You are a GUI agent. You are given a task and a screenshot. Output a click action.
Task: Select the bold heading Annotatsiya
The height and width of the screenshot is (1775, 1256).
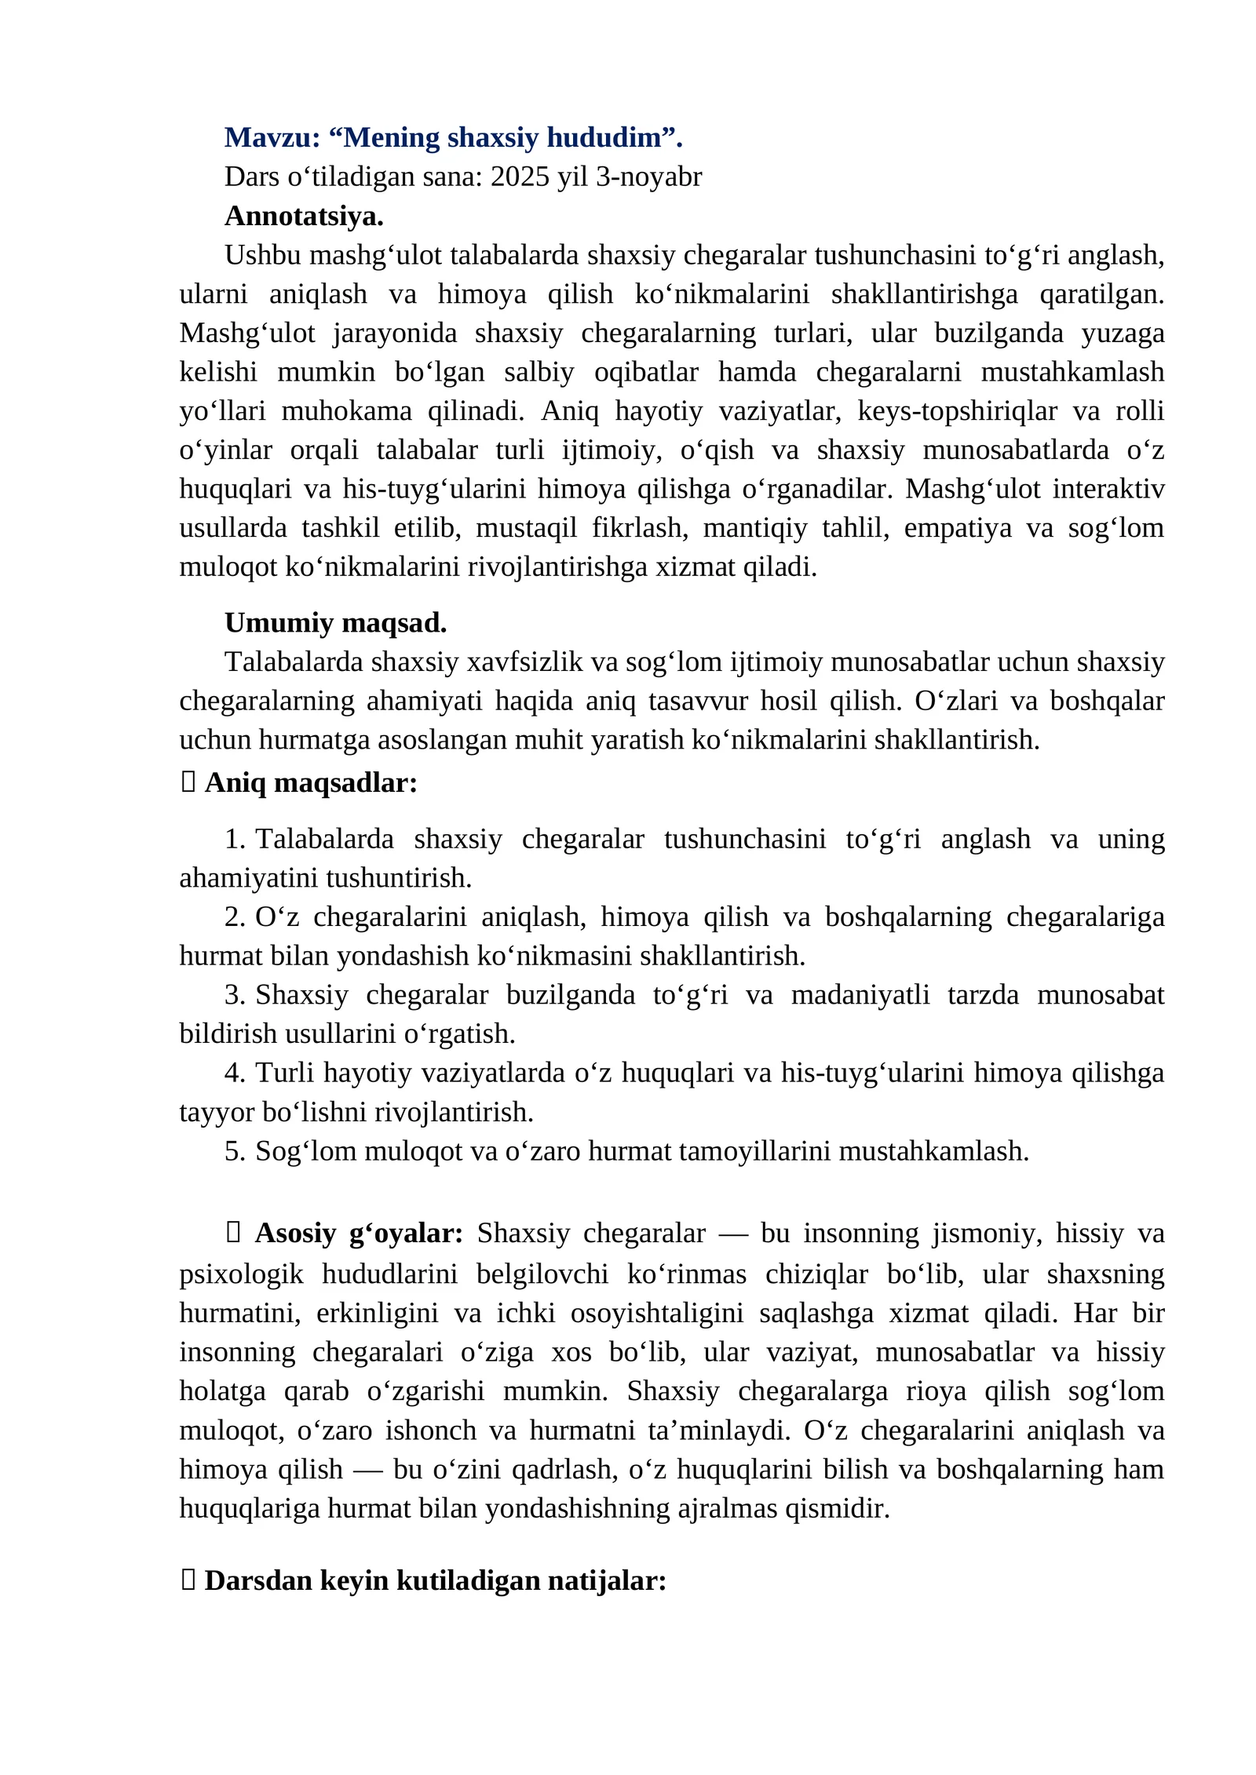304,216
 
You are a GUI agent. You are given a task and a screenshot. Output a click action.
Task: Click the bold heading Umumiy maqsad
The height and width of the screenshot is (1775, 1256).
335,622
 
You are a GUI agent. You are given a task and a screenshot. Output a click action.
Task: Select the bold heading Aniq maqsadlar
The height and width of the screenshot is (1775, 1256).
311,782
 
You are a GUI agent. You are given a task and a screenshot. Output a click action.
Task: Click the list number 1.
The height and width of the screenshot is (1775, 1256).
233,839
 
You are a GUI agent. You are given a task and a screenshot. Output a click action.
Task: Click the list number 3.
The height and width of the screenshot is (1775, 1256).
233,995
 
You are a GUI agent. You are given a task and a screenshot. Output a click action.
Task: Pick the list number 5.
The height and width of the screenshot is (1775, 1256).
233,1151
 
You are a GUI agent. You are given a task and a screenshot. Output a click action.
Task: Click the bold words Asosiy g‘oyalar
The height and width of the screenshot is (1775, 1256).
359,1233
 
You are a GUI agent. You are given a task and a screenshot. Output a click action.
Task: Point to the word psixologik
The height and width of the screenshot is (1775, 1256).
241,1274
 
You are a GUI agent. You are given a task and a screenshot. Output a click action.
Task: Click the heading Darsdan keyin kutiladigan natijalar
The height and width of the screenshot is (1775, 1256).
435,1580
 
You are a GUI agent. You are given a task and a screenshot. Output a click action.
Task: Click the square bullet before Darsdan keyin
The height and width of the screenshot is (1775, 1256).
188,1580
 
